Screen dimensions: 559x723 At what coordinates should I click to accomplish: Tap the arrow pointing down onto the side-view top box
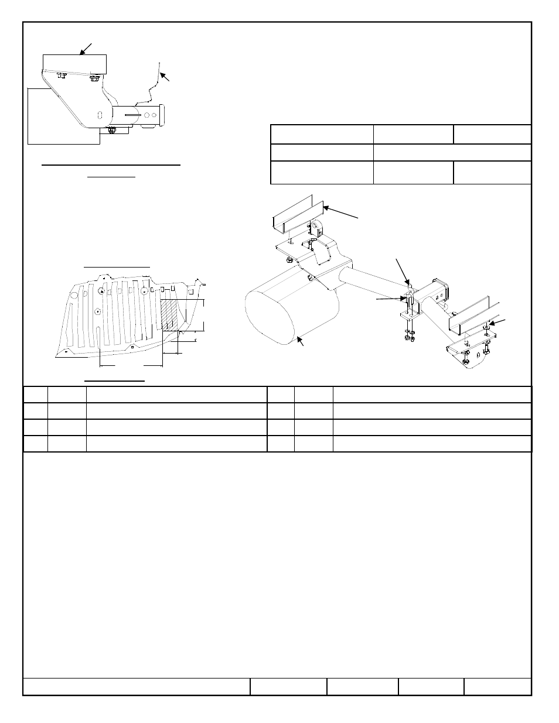coord(86,48)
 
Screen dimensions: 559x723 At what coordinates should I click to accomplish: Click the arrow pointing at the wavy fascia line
coord(166,77)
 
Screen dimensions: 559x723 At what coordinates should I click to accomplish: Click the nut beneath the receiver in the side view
coord(113,130)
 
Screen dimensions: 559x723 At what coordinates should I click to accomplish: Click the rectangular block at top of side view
coord(74,63)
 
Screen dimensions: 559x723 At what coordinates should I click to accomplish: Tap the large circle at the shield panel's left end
coord(73,297)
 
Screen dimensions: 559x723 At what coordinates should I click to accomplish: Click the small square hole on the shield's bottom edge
coord(132,347)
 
